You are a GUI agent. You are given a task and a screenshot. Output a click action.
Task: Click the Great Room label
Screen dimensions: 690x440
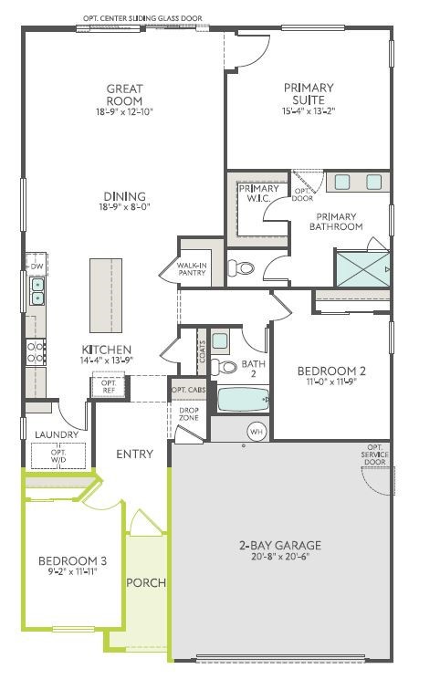coord(124,94)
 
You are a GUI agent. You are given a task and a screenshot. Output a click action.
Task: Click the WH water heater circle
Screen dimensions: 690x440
coord(256,431)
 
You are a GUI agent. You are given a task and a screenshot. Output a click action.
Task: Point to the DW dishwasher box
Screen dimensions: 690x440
coord(37,266)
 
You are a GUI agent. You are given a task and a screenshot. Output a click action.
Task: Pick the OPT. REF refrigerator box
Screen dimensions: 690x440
coord(109,386)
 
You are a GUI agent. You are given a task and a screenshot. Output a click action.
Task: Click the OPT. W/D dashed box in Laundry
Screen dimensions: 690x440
coord(59,454)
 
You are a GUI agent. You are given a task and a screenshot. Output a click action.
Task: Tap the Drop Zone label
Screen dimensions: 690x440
coord(189,413)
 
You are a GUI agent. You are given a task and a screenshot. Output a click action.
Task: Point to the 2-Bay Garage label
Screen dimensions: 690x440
coord(281,546)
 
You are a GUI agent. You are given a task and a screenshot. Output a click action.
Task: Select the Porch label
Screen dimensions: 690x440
coord(144,582)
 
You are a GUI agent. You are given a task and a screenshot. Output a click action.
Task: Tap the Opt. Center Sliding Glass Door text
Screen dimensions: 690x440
coord(142,17)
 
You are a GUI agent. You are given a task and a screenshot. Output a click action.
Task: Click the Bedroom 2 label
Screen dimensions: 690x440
coord(331,371)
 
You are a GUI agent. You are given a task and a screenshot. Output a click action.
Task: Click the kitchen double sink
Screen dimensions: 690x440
coord(37,291)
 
